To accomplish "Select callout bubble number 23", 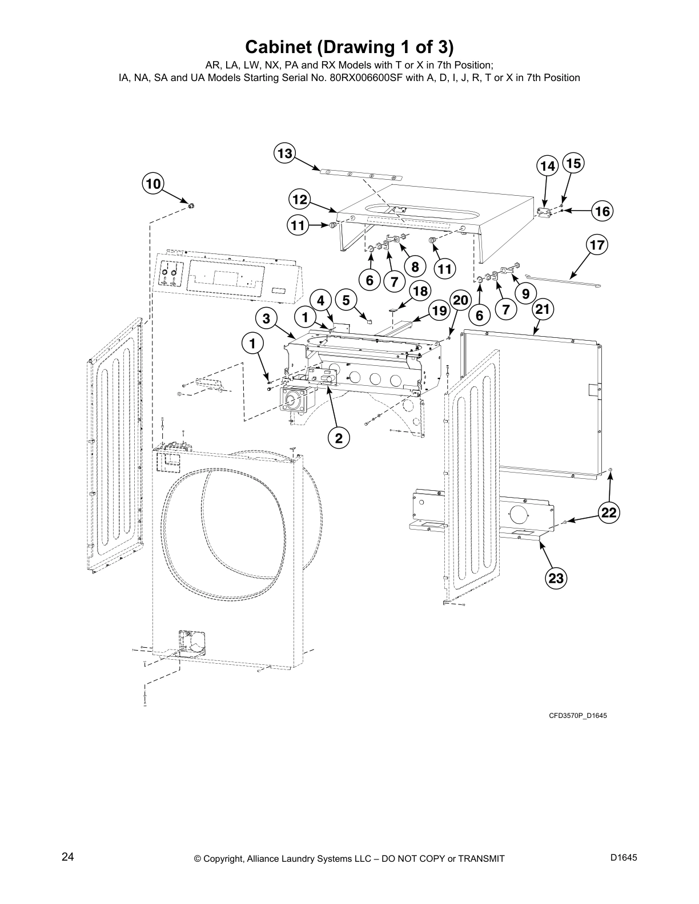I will coord(555,578).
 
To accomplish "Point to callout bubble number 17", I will coord(597,245).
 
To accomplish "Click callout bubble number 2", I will coord(338,438).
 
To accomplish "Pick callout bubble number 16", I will coord(602,211).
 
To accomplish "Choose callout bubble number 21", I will coord(543,309).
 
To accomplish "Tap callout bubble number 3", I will coord(266,318).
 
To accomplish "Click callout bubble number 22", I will coord(609,512).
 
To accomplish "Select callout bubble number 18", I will coord(420,291).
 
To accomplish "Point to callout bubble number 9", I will coord(525,293).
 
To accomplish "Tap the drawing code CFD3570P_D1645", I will coord(578,715).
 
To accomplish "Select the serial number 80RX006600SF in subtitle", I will coord(367,78).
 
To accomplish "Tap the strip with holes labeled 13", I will coord(360,174).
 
